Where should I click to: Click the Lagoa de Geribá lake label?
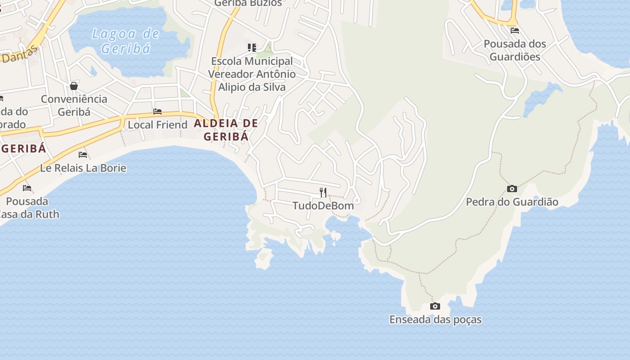click(x=126, y=40)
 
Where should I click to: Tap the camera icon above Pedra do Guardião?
click(x=512, y=189)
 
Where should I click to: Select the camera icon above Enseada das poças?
click(x=435, y=306)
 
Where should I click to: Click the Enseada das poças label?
click(x=435, y=319)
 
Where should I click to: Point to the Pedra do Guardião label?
click(x=512, y=202)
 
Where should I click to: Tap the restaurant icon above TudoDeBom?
click(x=323, y=193)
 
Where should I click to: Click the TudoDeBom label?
click(x=323, y=206)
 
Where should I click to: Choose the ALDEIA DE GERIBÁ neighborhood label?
click(x=226, y=130)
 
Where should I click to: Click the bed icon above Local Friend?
click(x=157, y=112)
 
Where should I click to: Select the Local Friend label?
click(x=157, y=125)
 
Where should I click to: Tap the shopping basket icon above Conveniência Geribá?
click(x=74, y=86)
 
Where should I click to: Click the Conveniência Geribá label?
click(x=74, y=105)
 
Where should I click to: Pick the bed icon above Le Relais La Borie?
click(x=83, y=155)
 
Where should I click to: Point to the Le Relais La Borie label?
click(x=83, y=168)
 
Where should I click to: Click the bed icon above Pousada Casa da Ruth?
click(x=27, y=188)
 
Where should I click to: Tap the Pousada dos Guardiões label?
click(x=515, y=50)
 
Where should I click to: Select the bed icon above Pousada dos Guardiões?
click(x=515, y=31)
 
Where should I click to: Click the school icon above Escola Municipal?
click(x=252, y=47)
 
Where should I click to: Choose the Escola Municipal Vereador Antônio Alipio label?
click(x=252, y=74)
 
